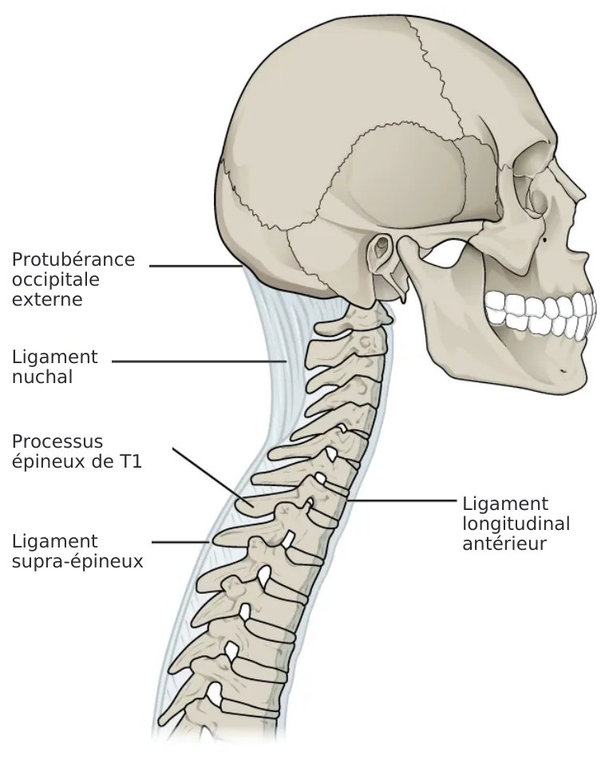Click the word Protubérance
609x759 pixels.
[73, 259]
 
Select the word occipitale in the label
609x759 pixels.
[56, 280]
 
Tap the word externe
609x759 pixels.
[47, 299]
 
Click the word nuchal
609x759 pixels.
[42, 377]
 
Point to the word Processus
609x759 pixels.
[57, 441]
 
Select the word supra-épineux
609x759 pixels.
[77, 562]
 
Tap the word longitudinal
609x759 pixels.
[516, 524]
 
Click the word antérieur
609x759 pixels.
[504, 544]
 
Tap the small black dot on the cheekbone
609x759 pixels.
[545, 239]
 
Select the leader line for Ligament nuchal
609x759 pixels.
[199, 361]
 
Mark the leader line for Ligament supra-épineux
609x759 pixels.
[180, 543]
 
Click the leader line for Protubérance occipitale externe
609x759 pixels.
[196, 266]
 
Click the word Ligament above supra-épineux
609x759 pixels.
[55, 542]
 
